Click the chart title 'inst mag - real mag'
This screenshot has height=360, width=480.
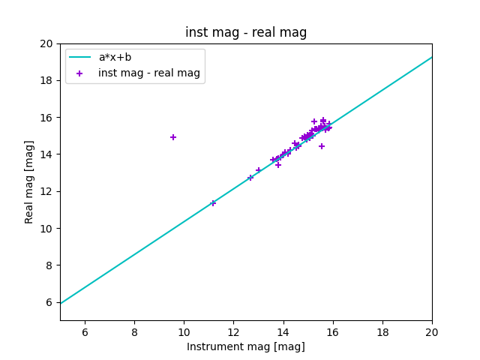(x=246, y=33)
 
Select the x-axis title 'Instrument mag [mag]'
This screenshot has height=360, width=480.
(x=246, y=346)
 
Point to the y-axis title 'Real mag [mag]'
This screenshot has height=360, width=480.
(x=30, y=181)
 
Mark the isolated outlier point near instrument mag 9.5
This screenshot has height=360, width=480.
(x=173, y=137)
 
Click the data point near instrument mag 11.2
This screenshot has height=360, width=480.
(x=213, y=202)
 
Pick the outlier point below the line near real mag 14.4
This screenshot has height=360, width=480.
(x=322, y=146)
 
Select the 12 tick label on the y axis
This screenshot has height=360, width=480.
(x=47, y=191)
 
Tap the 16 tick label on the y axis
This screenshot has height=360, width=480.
(x=47, y=118)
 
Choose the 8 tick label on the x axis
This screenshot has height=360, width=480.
(x=134, y=331)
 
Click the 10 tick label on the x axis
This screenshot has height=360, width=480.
(x=184, y=331)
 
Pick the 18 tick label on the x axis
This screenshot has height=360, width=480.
(x=382, y=331)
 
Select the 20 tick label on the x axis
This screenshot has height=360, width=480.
(x=432, y=331)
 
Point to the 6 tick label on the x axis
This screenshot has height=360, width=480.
(x=85, y=331)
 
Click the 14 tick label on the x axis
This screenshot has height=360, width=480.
(x=283, y=331)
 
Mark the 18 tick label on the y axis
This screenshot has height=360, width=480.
(x=47, y=80)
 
